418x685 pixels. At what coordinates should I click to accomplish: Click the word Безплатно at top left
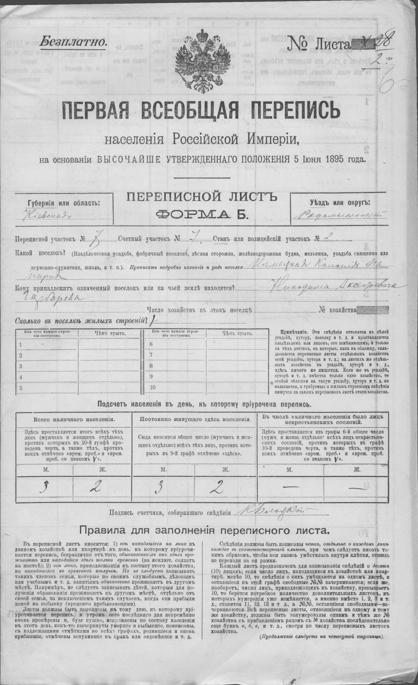[73, 41]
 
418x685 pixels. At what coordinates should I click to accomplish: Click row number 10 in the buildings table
[153, 388]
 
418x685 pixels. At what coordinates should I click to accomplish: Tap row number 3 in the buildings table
[21, 367]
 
